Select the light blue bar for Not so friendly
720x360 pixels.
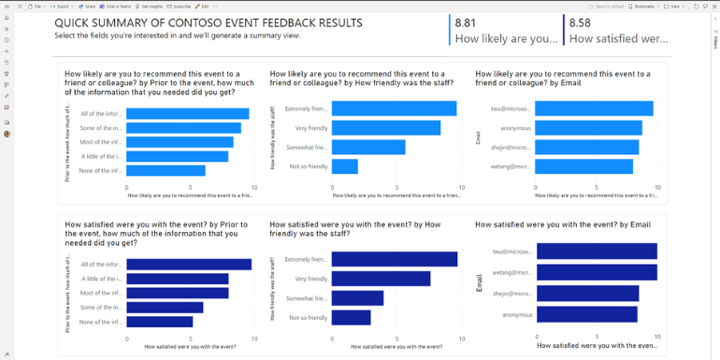click(x=345, y=166)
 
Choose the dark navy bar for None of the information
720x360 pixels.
click(x=160, y=322)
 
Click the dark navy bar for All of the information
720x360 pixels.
click(x=189, y=265)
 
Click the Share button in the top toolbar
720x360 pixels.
click(x=89, y=6)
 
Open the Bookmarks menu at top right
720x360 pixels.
click(x=644, y=6)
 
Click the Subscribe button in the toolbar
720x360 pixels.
click(x=179, y=6)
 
